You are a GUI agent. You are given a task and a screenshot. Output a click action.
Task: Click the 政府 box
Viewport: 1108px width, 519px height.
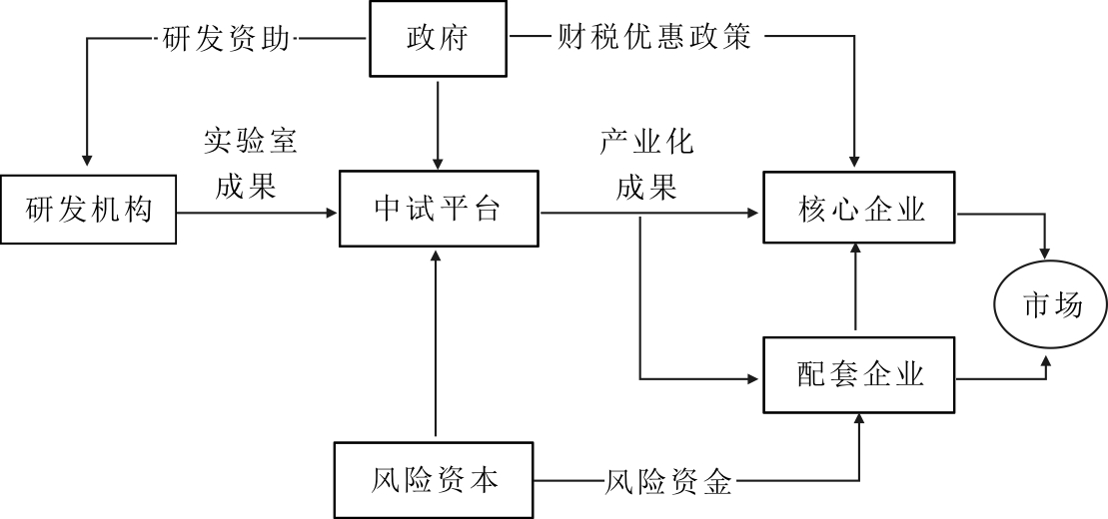point(438,38)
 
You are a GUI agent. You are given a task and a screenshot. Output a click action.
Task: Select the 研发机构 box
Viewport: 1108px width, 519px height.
point(88,211)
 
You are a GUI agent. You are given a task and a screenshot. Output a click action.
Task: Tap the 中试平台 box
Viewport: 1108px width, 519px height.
point(438,210)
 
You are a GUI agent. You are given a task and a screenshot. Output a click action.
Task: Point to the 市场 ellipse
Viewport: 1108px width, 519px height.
point(1051,306)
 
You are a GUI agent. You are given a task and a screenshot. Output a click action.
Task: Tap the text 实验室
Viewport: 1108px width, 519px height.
point(251,141)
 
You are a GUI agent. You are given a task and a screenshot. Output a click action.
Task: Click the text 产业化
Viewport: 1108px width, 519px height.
point(646,141)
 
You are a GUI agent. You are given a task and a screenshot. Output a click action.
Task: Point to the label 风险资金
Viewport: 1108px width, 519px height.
point(668,484)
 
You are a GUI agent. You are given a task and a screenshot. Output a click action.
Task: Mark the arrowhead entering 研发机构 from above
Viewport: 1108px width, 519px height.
point(88,162)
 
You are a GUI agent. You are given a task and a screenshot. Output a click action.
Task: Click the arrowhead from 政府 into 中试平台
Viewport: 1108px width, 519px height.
point(438,163)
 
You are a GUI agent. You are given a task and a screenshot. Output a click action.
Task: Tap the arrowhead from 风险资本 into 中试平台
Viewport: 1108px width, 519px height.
point(438,254)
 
